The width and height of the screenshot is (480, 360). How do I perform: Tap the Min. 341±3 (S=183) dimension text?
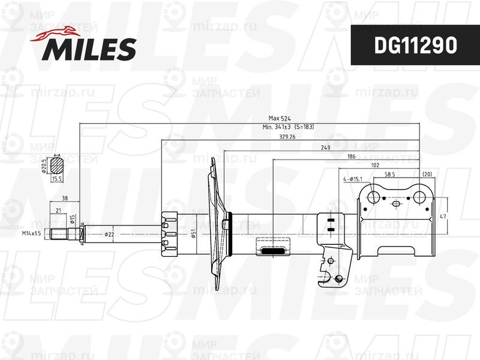(289, 127)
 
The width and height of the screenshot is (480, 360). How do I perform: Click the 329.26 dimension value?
(288, 137)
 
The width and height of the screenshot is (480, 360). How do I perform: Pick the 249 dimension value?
(326, 147)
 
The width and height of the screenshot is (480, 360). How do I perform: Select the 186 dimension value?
(351, 157)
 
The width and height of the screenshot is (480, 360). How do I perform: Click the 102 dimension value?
(375, 165)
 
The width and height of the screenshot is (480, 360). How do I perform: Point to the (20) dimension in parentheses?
(427, 173)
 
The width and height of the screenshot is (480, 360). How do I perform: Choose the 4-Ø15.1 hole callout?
(353, 179)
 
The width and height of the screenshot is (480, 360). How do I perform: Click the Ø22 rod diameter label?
(109, 233)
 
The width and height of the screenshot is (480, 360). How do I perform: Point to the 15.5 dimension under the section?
(58, 179)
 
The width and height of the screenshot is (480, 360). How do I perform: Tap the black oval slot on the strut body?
(273, 252)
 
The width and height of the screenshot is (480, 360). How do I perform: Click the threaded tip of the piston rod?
(58, 233)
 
